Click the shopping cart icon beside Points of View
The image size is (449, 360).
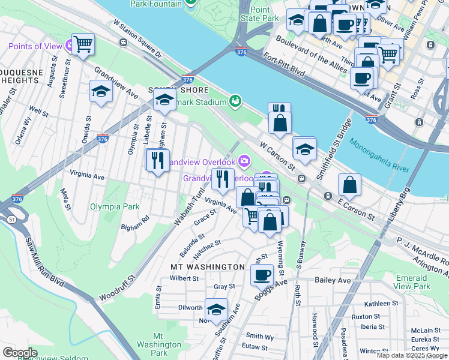(83, 43)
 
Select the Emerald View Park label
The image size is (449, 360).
(421, 282)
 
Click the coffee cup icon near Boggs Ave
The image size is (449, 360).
(262, 275)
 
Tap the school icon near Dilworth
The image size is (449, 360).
(216, 309)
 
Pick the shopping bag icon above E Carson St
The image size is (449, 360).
(349, 185)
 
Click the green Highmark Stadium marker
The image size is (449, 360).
(235, 100)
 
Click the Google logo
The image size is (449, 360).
(20, 352)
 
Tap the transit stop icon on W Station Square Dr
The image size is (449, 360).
(123, 42)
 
